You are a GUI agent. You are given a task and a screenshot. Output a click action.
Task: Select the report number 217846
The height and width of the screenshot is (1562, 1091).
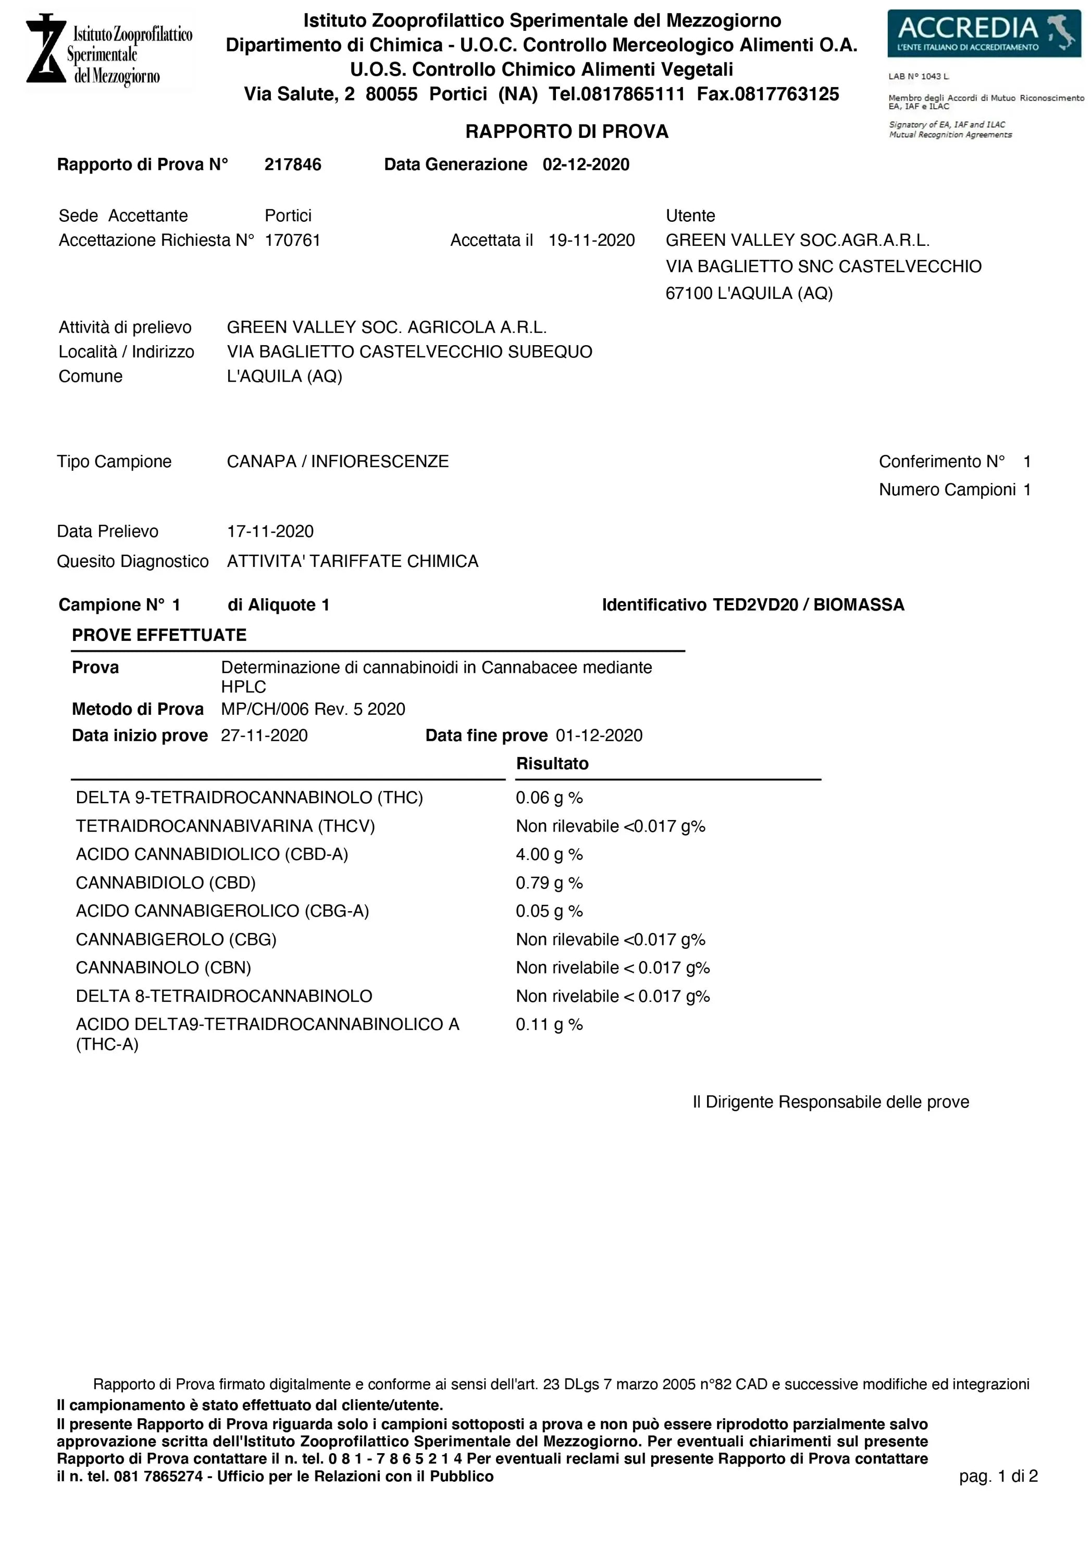[293, 165]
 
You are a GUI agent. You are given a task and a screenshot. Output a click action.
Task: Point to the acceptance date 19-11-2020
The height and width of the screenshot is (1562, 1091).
[591, 240]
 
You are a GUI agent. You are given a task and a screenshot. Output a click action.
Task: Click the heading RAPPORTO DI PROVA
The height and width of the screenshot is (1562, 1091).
[566, 131]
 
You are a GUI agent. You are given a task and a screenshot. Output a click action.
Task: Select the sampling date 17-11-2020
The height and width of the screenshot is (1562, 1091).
[270, 531]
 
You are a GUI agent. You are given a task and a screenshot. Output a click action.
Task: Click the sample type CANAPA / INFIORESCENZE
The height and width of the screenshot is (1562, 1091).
[338, 461]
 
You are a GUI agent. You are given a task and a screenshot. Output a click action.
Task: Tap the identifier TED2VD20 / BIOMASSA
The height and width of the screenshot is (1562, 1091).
[808, 605]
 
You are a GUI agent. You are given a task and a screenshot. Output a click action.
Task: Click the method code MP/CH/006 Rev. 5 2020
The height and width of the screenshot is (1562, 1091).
[313, 709]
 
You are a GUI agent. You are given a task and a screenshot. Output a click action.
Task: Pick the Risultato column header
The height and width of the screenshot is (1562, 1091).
[552, 763]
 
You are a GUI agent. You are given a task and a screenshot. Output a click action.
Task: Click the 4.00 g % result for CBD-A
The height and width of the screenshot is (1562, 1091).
[549, 854]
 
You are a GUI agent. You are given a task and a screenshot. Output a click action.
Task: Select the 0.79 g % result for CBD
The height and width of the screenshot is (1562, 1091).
[549, 883]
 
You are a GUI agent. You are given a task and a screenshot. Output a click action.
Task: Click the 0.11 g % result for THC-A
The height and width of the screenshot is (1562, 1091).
[549, 1025]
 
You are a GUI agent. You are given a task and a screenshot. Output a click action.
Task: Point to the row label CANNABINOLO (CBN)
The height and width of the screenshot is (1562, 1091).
[164, 967]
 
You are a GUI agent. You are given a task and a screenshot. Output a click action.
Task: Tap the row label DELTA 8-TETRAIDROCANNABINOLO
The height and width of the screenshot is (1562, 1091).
[224, 996]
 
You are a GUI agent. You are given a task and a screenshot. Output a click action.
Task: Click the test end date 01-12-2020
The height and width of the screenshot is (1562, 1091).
[599, 735]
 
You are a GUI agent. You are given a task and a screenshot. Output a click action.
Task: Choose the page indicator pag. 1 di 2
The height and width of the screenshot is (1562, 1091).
[998, 1476]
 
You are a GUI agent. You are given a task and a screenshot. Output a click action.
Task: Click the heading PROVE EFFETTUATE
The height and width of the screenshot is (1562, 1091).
[159, 635]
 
